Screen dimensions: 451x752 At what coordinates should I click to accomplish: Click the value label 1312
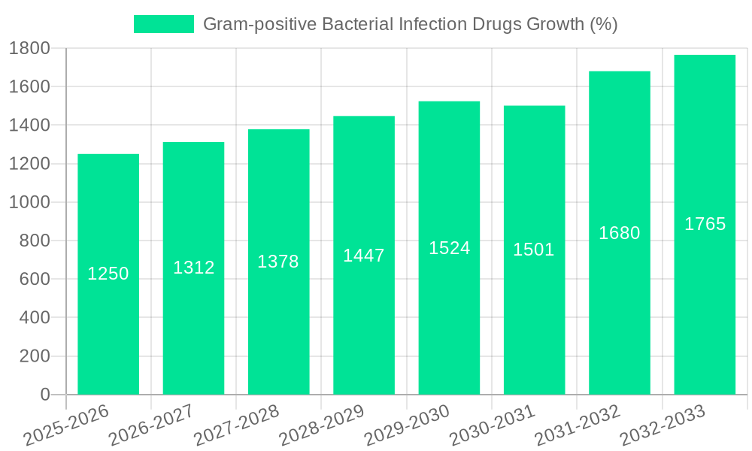[x=194, y=268]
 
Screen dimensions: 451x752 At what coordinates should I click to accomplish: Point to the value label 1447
[x=364, y=256]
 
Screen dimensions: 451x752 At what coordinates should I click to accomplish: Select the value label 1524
[x=450, y=248]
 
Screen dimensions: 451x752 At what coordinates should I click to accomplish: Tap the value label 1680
[x=620, y=233]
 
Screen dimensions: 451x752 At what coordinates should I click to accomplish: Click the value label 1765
[x=705, y=224]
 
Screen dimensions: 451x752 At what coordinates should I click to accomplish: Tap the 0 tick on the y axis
[x=45, y=395]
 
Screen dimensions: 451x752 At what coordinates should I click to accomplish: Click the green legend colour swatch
[x=163, y=24]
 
